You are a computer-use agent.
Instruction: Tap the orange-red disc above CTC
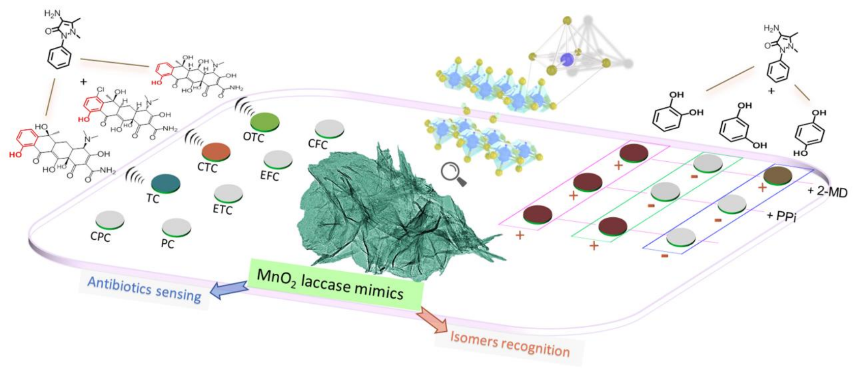pyautogui.click(x=216, y=151)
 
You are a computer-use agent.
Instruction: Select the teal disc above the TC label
pyautogui.click(x=166, y=182)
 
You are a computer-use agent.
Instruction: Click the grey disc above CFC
pyautogui.click(x=329, y=128)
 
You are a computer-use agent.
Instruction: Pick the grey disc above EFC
pyautogui.click(x=278, y=159)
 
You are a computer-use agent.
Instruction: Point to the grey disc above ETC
pyautogui.click(x=228, y=193)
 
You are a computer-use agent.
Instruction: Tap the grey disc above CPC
pyautogui.click(x=110, y=219)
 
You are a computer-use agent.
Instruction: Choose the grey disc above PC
pyautogui.click(x=176, y=227)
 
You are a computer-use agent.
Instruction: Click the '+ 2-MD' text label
pyautogui.click(x=827, y=192)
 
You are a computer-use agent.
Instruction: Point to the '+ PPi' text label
pyautogui.click(x=781, y=216)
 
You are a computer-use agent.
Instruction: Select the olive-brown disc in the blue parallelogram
pyautogui.click(x=778, y=175)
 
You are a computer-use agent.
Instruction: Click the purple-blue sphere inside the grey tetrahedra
pyautogui.click(x=566, y=60)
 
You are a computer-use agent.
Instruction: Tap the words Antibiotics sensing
pyautogui.click(x=144, y=289)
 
